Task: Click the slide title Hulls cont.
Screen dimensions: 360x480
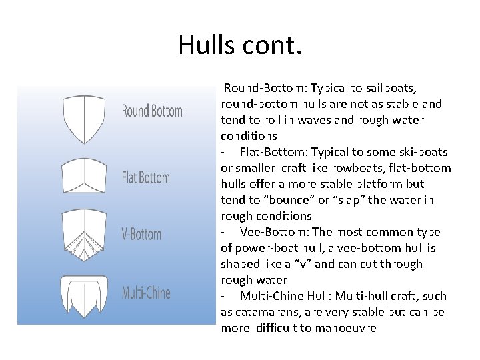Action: click(240, 45)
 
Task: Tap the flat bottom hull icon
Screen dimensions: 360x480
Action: click(83, 176)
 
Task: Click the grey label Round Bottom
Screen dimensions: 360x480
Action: click(152, 111)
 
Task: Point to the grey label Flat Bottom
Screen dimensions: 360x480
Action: click(146, 177)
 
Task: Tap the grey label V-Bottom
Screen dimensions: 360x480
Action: click(141, 234)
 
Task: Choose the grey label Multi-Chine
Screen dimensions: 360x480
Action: click(146, 292)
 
